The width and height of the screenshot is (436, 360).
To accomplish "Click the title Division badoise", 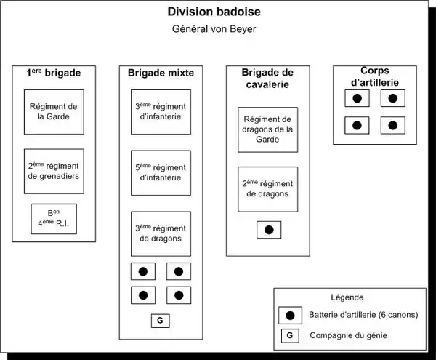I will click(x=213, y=12).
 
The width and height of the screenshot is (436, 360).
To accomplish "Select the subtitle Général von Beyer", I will click(x=213, y=30).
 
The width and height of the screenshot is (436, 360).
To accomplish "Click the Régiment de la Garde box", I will click(x=54, y=112).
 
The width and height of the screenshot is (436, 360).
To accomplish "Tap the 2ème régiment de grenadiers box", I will click(x=54, y=171).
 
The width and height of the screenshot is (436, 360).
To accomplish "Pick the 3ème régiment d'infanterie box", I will click(x=161, y=112).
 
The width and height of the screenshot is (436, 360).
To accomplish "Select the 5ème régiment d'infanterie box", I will click(x=161, y=173).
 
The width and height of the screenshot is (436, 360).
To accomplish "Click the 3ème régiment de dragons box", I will click(x=161, y=233).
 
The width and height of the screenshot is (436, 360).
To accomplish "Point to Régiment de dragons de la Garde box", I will click(x=268, y=129).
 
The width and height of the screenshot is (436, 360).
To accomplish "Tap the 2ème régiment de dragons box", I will click(x=268, y=189).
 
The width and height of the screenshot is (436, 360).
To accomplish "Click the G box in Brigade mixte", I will click(x=161, y=320).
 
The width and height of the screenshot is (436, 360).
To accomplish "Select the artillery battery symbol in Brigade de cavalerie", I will click(x=268, y=230).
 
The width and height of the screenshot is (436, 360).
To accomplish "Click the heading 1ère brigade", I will click(x=54, y=73).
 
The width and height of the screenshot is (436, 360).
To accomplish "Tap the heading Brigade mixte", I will click(x=160, y=73).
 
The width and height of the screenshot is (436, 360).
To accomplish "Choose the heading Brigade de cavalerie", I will click(x=268, y=79).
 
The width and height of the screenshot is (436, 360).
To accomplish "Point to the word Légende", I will click(x=347, y=297).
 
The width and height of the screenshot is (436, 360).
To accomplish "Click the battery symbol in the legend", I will click(x=291, y=315).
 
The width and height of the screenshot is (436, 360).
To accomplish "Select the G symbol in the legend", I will click(x=291, y=335).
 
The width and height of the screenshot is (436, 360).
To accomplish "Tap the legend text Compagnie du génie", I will click(x=348, y=335).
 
